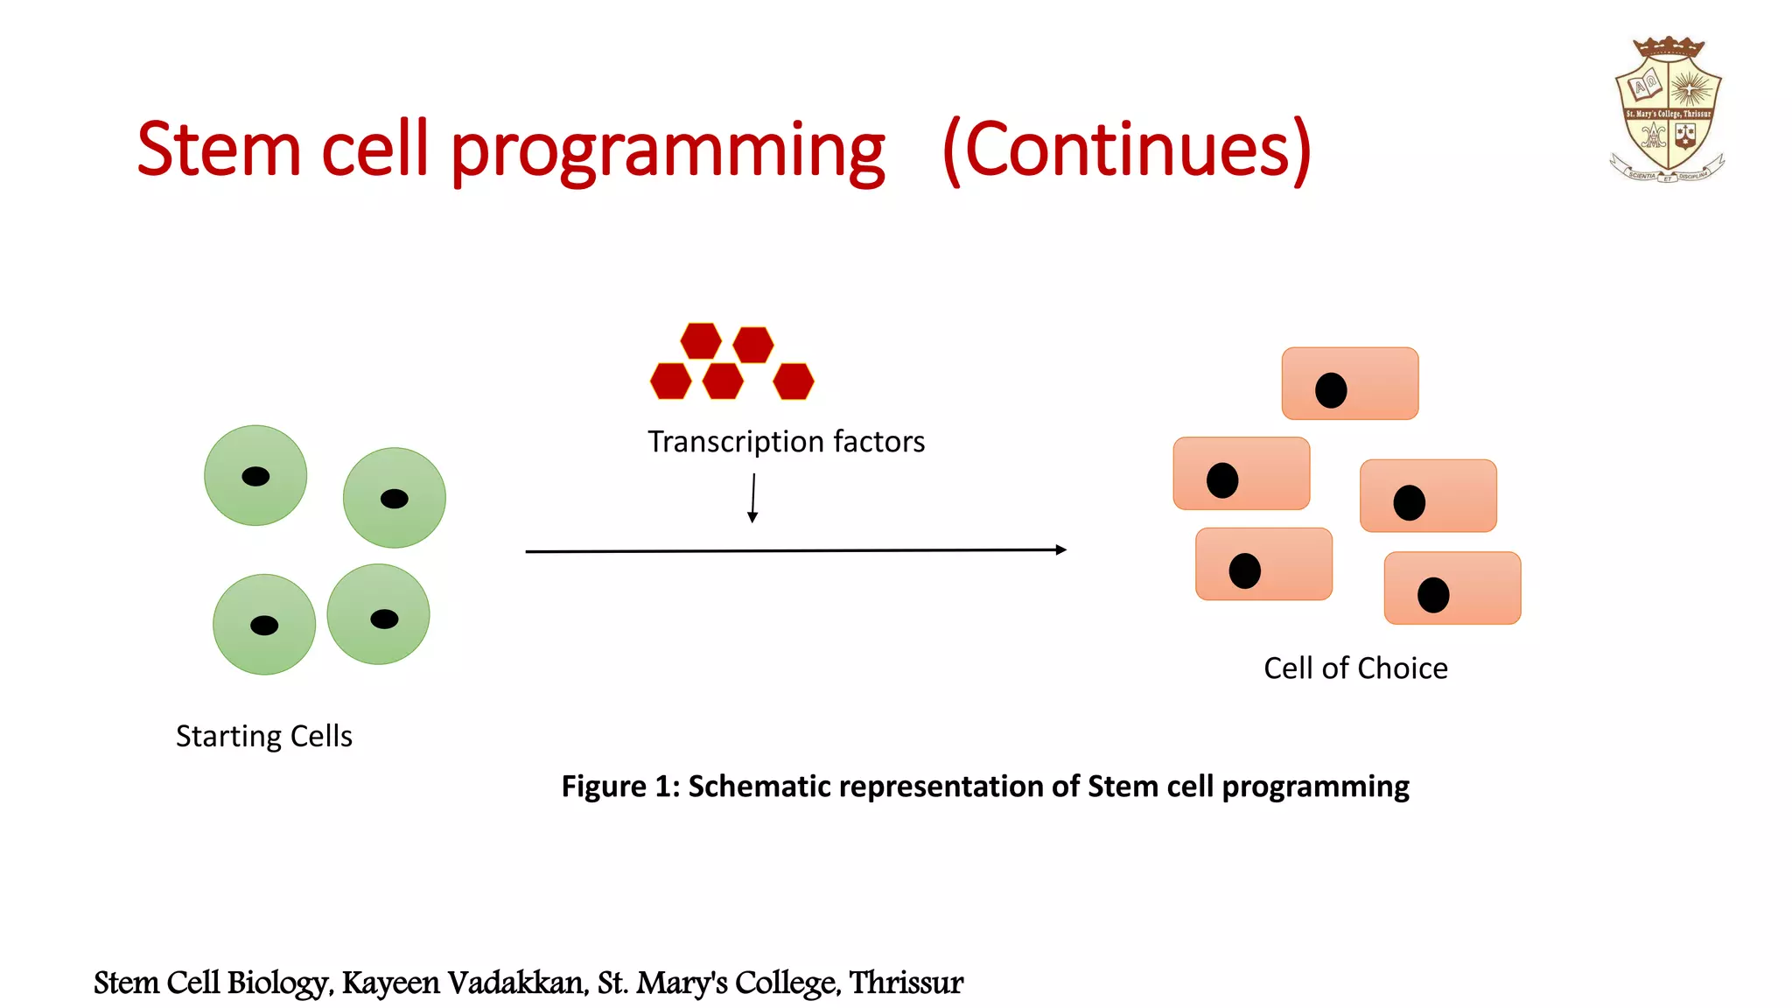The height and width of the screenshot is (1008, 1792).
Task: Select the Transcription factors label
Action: [786, 442]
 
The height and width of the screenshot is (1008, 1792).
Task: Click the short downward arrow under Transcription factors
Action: [752, 499]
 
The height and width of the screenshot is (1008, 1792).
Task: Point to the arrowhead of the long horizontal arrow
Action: [1060, 549]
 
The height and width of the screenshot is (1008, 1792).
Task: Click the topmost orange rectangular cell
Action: [1349, 383]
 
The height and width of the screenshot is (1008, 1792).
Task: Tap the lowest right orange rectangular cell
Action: [1452, 588]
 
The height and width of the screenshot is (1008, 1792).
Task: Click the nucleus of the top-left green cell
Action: [255, 476]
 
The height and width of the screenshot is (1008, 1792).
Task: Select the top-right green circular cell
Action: [394, 497]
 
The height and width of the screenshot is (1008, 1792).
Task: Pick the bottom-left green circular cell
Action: [263, 624]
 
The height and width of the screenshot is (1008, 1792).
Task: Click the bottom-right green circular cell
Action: [378, 613]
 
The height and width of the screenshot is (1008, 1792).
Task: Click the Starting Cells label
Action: [263, 736]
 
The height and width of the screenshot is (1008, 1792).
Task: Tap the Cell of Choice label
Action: [1355, 668]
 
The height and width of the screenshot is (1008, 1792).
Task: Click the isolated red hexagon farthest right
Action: [793, 381]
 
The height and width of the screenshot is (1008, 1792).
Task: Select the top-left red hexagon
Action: [701, 340]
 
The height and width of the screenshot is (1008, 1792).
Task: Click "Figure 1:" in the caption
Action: [619, 786]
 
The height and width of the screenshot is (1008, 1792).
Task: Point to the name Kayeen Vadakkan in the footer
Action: [464, 983]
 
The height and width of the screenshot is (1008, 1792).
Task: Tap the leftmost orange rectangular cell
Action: [1241, 473]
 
